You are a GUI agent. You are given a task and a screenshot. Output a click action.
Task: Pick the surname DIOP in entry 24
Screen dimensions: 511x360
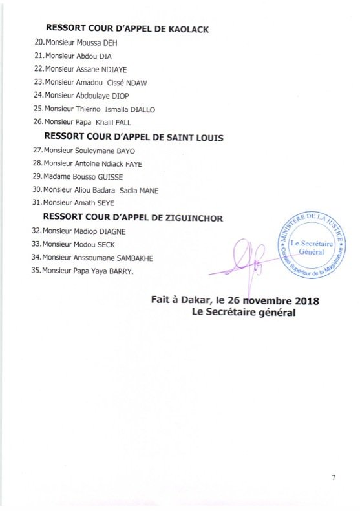pos(120,96)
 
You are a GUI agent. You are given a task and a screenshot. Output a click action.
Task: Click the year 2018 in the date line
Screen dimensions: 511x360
pos(304,302)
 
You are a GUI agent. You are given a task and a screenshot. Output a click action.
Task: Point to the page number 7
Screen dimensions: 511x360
pos(334,477)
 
